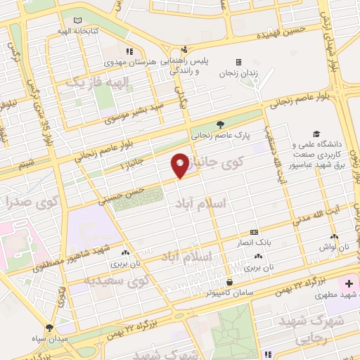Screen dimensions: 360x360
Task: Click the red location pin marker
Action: [x=180, y=165]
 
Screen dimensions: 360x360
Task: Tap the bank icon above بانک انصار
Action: [x=254, y=232]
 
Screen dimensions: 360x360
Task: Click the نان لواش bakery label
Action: [x=335, y=247]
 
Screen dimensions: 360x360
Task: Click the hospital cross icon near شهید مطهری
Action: [x=349, y=283]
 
